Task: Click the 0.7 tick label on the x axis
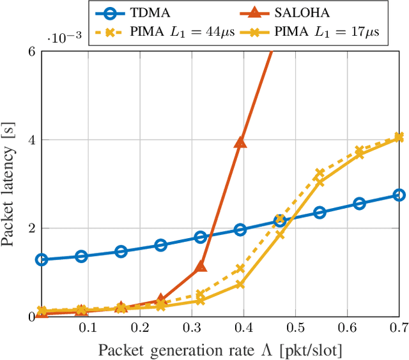pyautogui.click(x=397, y=328)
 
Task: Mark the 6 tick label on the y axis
pyautogui.click(x=31, y=52)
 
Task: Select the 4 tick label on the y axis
pyautogui.click(x=31, y=140)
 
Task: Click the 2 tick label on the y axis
pyautogui.click(x=31, y=229)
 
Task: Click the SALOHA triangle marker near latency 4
pyautogui.click(x=240, y=142)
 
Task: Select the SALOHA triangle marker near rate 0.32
pyautogui.click(x=201, y=266)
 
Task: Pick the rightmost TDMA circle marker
pyautogui.click(x=399, y=195)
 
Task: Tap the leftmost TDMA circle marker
pyautogui.click(x=42, y=260)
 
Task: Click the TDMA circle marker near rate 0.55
pyautogui.click(x=320, y=213)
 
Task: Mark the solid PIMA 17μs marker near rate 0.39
pyautogui.click(x=240, y=284)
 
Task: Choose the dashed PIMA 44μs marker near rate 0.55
pyautogui.click(x=320, y=174)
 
